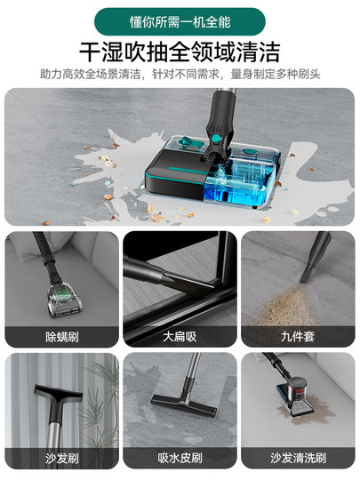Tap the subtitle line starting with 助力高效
pyautogui.click(x=180, y=74)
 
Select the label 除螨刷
pyautogui.click(x=61, y=336)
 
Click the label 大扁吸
pyautogui.click(x=179, y=336)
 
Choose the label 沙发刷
pyautogui.click(x=61, y=459)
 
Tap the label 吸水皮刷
pyautogui.click(x=179, y=459)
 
